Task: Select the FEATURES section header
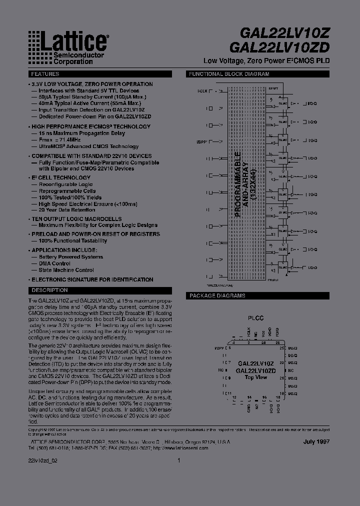click(44, 74)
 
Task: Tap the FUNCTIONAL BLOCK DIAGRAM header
click(229, 74)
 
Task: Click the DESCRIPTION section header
click(49, 290)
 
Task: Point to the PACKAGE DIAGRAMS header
click(217, 295)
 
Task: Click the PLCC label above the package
click(255, 318)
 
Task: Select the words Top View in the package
click(255, 377)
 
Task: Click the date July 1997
click(316, 442)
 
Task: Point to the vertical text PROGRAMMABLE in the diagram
click(238, 185)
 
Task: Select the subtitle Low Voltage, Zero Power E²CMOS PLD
click(266, 60)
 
